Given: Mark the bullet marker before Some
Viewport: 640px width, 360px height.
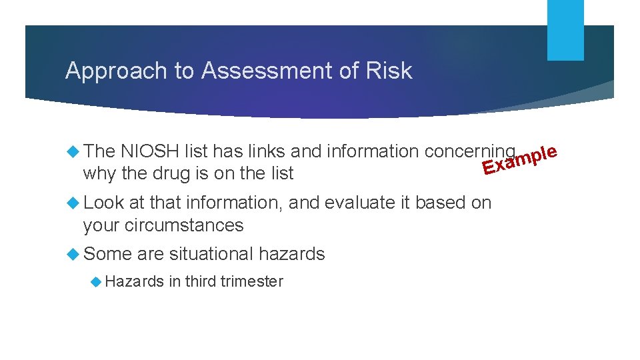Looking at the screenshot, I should coord(73,254).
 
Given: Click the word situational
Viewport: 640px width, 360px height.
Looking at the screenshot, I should coord(211,254).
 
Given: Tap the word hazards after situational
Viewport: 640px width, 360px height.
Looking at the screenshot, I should coord(291,254).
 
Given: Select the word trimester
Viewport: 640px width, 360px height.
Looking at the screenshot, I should coord(252,282).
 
